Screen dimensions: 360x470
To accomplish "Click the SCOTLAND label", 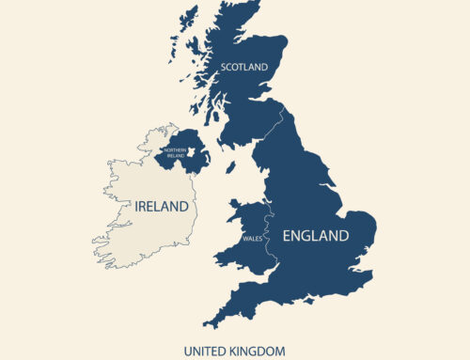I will (244, 68).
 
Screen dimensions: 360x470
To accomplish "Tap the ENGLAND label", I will (314, 235).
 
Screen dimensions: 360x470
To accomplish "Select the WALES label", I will (251, 239).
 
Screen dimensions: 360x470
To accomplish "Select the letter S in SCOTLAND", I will (224, 68).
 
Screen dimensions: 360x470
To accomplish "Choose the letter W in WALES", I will (244, 239).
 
